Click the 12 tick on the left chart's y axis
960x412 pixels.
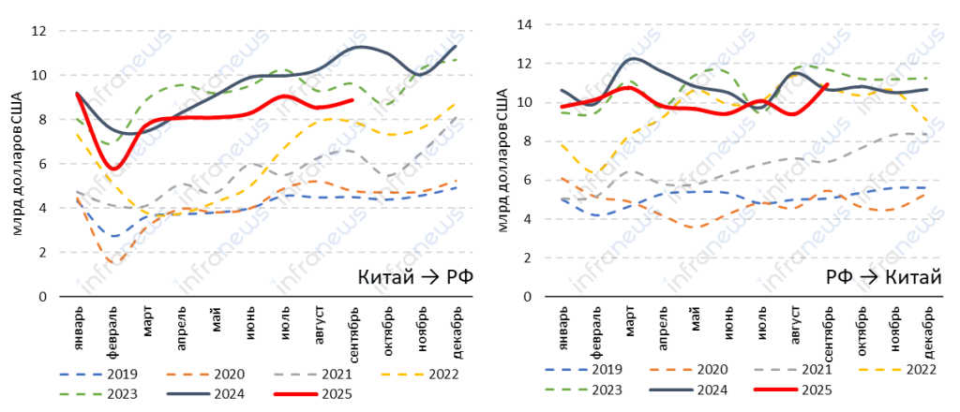coord(38,31)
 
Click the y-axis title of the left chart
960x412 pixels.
coord(16,164)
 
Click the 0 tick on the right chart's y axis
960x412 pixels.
coord(527,296)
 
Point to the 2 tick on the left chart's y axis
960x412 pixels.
coord(42,252)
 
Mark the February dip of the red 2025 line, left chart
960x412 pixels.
coord(113,169)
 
